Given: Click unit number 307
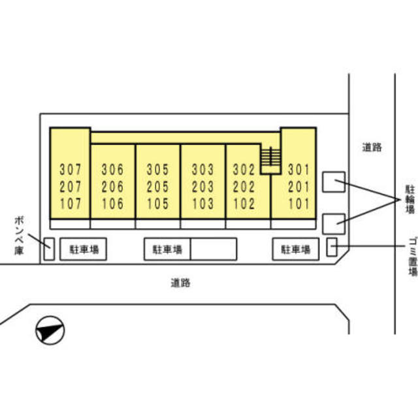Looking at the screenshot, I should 71,169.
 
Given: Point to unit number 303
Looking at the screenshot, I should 203,169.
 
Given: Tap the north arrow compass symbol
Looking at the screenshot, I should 50,330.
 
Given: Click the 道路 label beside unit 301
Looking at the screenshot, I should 372,148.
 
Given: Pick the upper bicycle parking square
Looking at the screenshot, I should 334,181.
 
